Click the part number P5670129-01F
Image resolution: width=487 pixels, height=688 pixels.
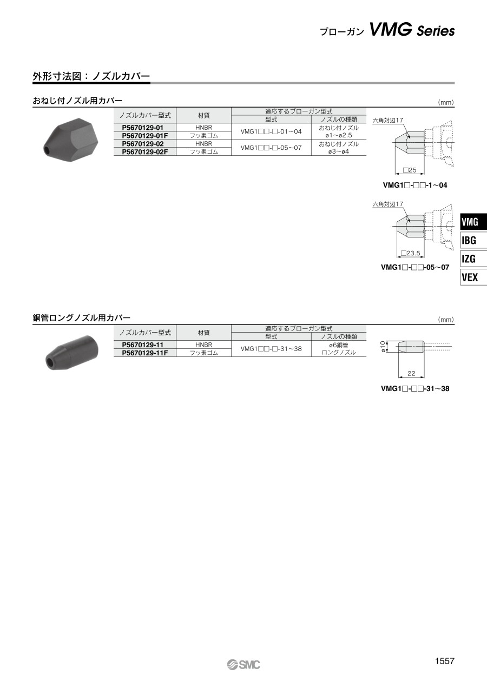coord(144,135)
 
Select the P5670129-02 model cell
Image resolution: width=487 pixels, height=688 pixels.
coord(143,144)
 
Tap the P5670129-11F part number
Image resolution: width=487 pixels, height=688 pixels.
coord(144,353)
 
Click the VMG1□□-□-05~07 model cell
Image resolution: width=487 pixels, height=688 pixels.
coord(271,148)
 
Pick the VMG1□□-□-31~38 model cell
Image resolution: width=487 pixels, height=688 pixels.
coord(271,349)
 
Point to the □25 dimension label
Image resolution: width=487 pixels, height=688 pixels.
coord(409,170)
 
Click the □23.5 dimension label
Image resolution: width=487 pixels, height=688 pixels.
coord(411,253)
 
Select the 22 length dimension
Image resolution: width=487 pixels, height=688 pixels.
coord(411,374)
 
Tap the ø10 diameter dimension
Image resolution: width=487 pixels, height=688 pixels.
coord(383,347)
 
